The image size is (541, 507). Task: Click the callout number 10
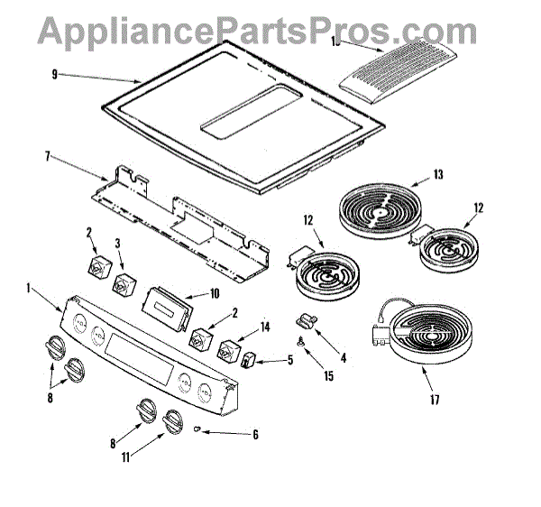[x=214, y=293]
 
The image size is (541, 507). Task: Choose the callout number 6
[x=255, y=435]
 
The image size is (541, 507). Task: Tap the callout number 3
[x=119, y=243]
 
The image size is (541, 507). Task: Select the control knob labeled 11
[x=170, y=421]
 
